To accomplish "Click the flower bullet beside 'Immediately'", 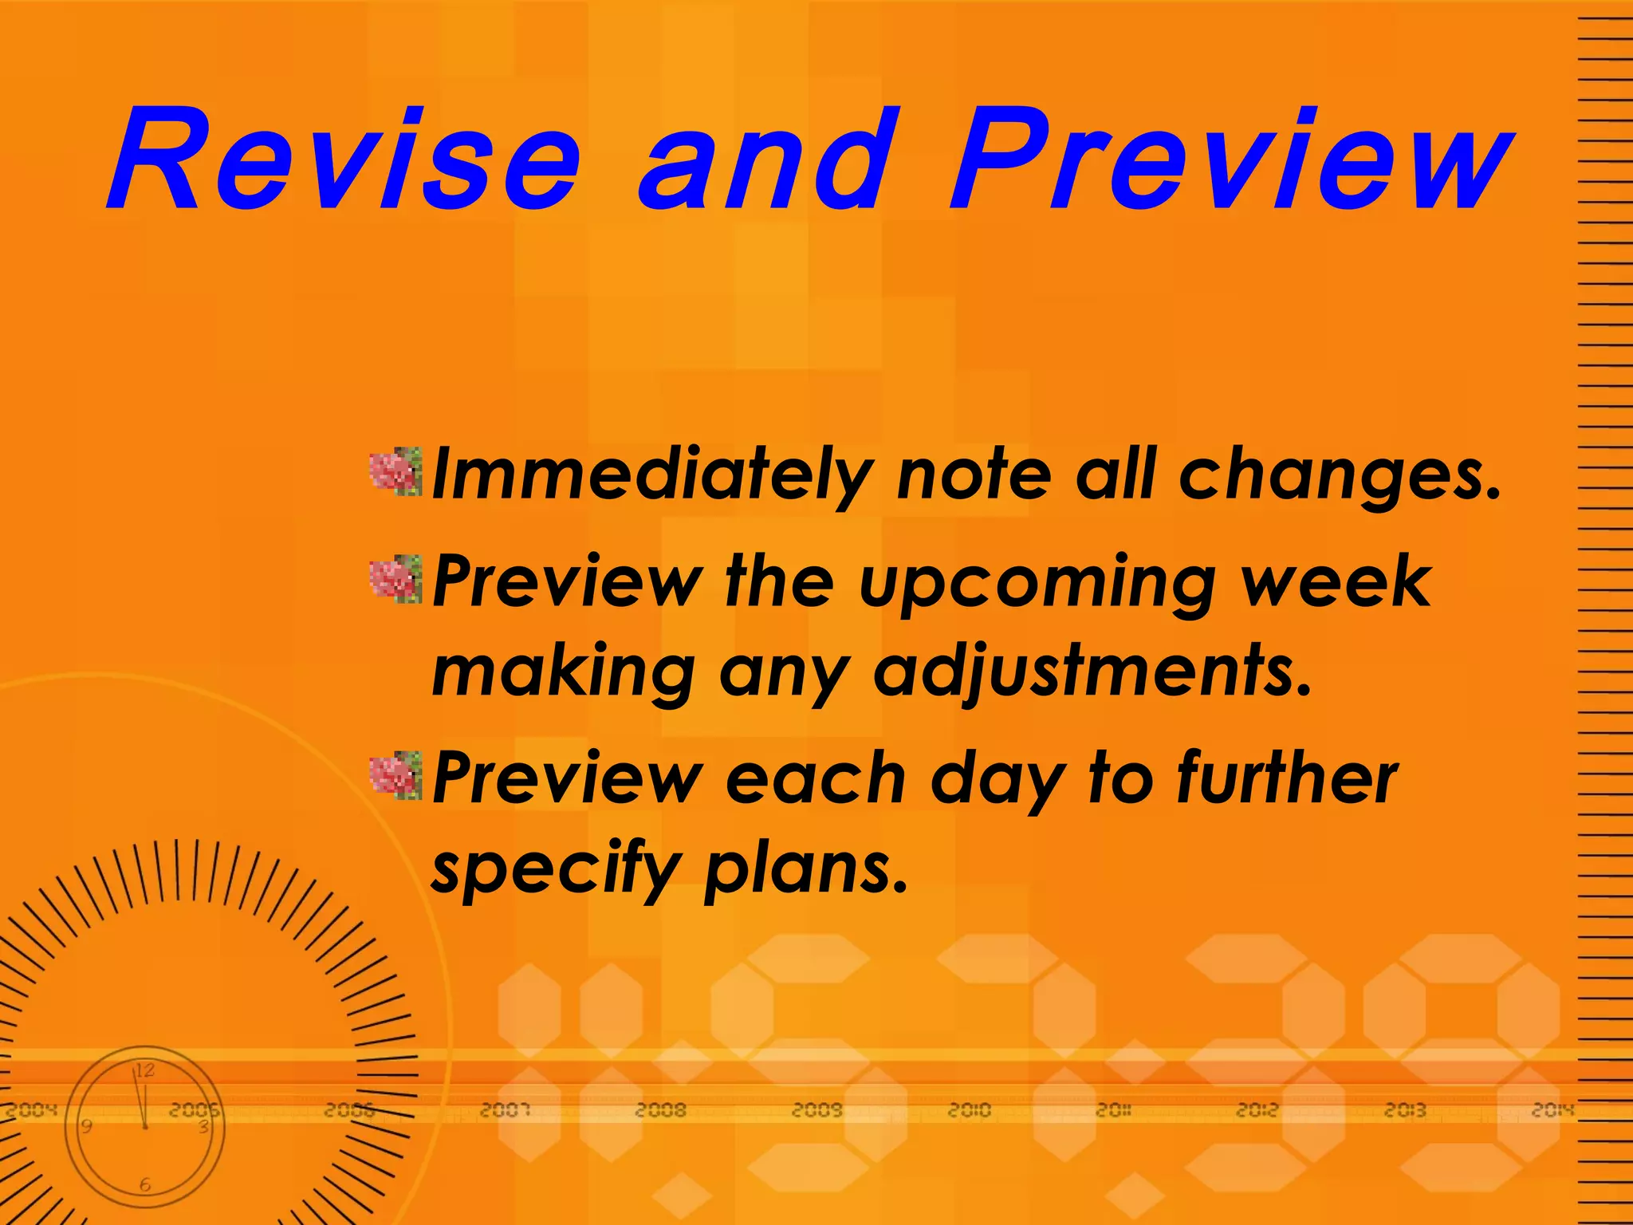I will pos(395,471).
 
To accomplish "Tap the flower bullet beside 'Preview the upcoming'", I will pos(395,579).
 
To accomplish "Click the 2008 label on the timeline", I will pos(661,1109).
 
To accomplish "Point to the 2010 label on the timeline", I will pos(969,1109).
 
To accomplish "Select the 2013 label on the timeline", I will pos(1404,1109).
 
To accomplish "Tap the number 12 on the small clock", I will pos(144,1070).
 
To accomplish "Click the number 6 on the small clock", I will pos(144,1185).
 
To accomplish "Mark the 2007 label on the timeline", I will pos(505,1109).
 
